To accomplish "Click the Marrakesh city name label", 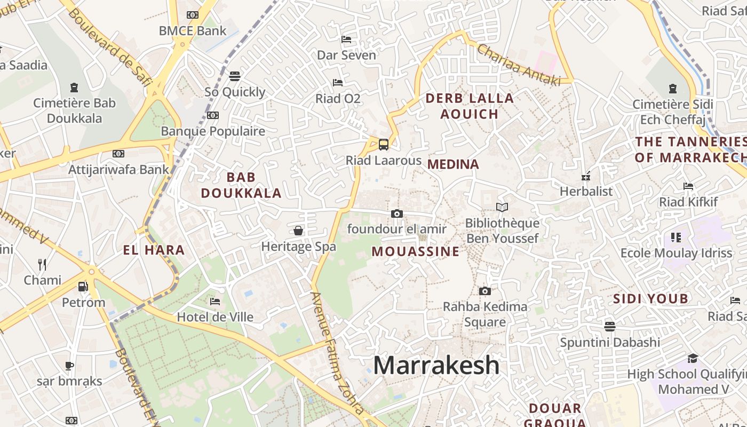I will (x=436, y=366).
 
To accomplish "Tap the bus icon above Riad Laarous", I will (x=383, y=144).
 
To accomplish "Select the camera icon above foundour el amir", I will (x=396, y=213).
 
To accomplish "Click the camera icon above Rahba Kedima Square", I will (x=484, y=291).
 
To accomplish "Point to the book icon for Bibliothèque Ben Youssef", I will (x=502, y=207).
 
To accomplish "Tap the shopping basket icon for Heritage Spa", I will (x=298, y=231).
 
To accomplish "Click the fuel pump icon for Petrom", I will (x=83, y=287).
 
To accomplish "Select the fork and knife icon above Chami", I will (x=42, y=264).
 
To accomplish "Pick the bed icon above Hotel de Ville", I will (x=215, y=302).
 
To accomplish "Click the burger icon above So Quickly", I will (x=235, y=76).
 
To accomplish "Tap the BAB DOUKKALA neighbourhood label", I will (x=241, y=185).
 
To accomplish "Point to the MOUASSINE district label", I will (x=415, y=251).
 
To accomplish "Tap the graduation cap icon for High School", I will (x=693, y=358).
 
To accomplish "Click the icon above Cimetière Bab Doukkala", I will (x=74, y=88).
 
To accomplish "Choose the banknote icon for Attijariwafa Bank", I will (x=118, y=154).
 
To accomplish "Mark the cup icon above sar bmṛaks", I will (x=69, y=366).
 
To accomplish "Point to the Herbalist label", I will (x=586, y=191).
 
